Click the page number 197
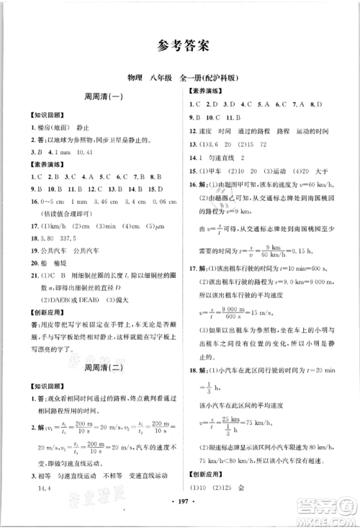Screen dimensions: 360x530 point(181,517)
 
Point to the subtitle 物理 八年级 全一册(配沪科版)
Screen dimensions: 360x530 point(180,78)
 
